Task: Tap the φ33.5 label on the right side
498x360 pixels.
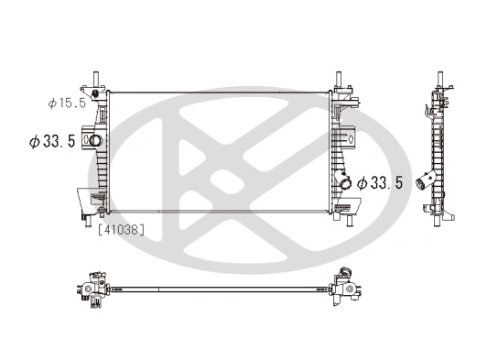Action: pos(380,182)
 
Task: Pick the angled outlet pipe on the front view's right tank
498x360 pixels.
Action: pos(345,182)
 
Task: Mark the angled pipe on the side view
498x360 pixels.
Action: pos(426,179)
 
